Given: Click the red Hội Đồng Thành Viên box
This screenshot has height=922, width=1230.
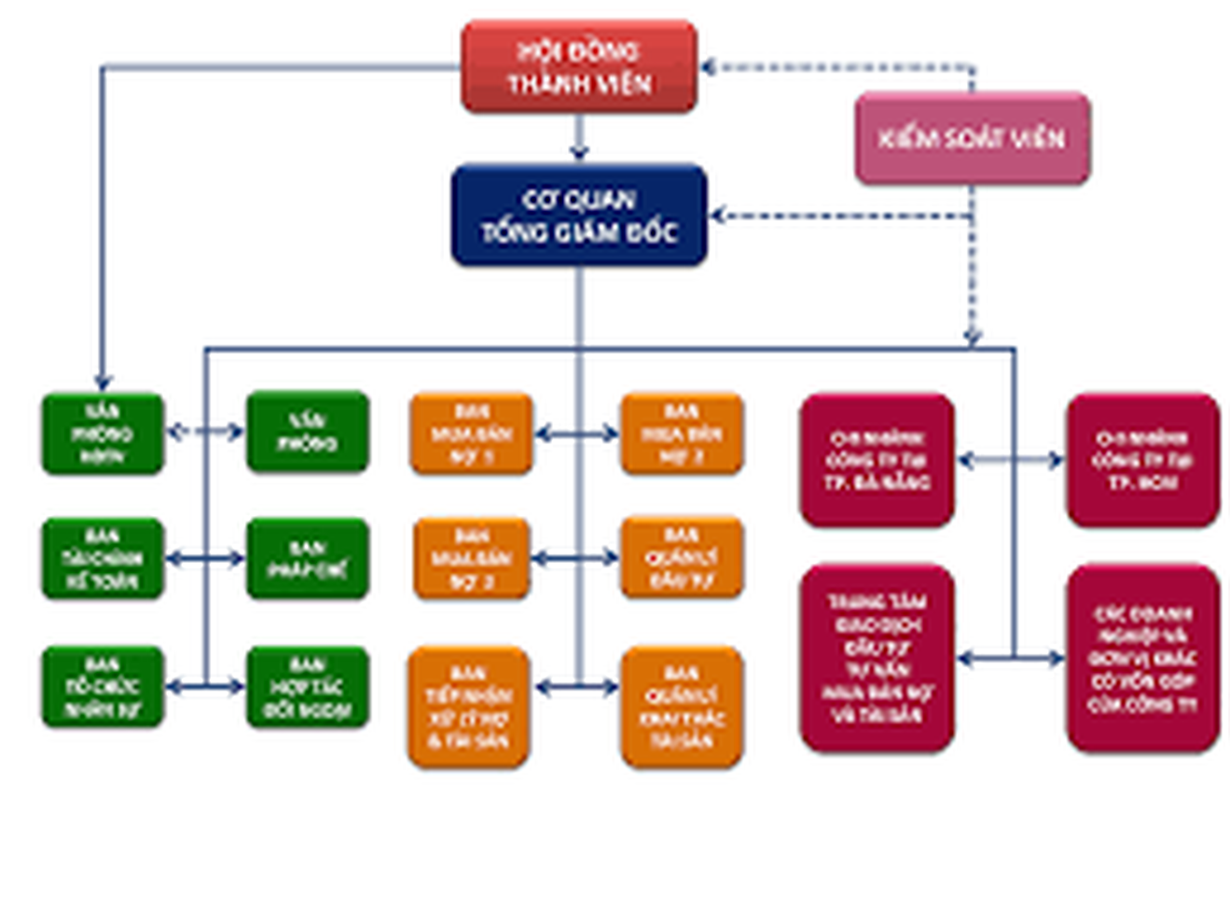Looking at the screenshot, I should (579, 67).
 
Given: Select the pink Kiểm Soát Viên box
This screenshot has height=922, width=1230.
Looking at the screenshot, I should (972, 138).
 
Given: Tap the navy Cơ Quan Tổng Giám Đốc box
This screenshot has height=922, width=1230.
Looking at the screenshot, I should (579, 216).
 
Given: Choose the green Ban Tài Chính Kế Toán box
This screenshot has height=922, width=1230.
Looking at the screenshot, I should (103, 558).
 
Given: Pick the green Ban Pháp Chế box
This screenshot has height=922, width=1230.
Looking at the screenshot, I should (308, 558).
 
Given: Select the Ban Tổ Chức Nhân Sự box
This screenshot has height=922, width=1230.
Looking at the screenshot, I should (103, 687).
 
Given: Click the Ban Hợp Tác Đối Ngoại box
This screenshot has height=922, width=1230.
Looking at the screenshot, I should (308, 687).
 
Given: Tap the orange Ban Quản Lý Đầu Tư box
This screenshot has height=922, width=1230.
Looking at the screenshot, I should (682, 557).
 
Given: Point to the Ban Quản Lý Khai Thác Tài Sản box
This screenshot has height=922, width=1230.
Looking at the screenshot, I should (682, 706).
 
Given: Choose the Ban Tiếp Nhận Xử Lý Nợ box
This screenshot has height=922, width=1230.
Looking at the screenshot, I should (469, 706).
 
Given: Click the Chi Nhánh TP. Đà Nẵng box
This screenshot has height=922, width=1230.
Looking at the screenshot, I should (877, 460).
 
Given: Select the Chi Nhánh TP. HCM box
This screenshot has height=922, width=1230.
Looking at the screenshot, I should (1143, 460).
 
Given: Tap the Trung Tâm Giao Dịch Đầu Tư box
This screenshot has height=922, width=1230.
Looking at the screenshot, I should (877, 658).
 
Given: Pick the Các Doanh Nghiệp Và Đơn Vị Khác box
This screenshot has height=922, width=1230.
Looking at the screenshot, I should (1143, 658).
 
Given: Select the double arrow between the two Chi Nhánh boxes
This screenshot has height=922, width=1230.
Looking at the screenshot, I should (1011, 460).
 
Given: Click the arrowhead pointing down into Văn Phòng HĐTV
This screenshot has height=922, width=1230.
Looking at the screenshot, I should (103, 382).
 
